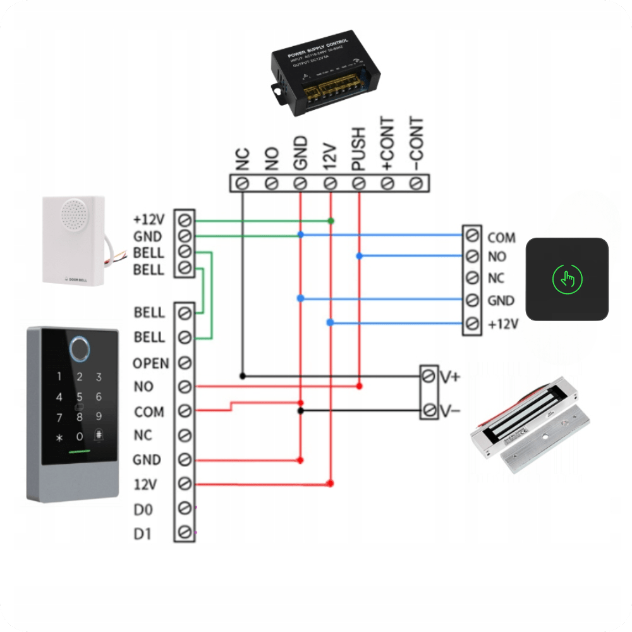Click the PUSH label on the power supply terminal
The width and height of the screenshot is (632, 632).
(x=358, y=149)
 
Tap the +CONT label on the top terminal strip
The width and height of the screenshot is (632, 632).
(x=387, y=143)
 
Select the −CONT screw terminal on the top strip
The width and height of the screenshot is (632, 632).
(x=416, y=183)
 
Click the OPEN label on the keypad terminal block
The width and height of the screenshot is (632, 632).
(x=150, y=363)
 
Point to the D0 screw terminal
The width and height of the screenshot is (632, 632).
(x=185, y=509)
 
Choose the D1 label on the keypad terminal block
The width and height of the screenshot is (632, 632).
(x=143, y=533)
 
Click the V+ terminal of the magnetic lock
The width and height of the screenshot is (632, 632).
(x=428, y=377)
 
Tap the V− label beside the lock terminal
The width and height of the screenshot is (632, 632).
(x=450, y=411)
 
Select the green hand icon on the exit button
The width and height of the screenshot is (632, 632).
(x=567, y=278)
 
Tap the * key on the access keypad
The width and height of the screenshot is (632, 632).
(x=59, y=437)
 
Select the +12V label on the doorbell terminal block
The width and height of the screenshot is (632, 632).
(x=149, y=220)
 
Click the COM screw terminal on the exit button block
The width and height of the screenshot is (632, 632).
(x=471, y=236)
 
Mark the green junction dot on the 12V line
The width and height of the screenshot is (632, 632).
(x=330, y=221)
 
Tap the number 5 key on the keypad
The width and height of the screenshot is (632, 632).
(x=79, y=397)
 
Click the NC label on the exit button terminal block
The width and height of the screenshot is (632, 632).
(x=496, y=279)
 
